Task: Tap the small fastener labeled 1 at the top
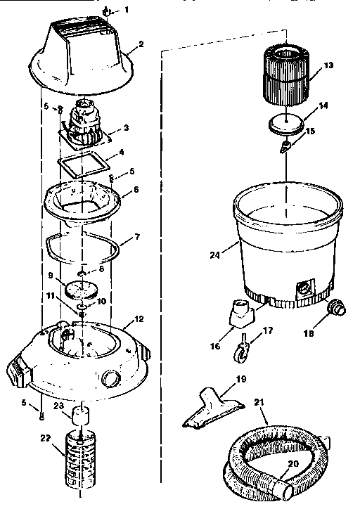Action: [105, 11]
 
